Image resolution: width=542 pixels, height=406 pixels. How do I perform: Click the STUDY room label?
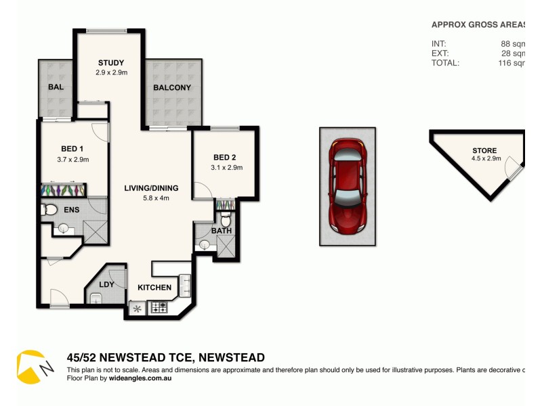(x=110, y=63)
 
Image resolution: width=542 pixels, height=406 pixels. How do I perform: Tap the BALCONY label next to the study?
(x=172, y=87)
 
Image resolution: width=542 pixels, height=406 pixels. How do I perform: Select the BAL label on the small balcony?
(x=56, y=87)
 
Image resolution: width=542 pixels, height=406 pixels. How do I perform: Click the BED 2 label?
(x=224, y=158)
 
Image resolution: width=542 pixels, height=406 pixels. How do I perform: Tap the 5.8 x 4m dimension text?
(x=150, y=198)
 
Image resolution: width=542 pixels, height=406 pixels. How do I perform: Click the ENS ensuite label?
(x=72, y=210)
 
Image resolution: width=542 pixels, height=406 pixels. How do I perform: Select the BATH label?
(x=222, y=231)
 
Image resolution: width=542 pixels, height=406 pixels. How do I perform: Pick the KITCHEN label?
(x=154, y=288)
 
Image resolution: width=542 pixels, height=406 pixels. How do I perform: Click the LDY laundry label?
(x=106, y=285)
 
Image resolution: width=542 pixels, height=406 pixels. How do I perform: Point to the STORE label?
(x=484, y=151)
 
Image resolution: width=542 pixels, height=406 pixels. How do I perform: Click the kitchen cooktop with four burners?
(x=161, y=309)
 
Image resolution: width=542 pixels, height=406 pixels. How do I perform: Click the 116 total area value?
(x=512, y=63)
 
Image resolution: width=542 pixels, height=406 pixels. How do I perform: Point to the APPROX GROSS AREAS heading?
(x=478, y=24)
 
